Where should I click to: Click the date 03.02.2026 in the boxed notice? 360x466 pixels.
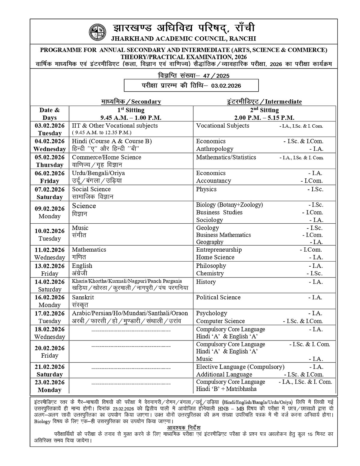pyautogui.click(x=226, y=86)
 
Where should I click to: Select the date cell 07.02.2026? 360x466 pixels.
pyautogui.click(x=49, y=189)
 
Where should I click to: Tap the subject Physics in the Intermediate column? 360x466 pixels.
pyautogui.click(x=206, y=189)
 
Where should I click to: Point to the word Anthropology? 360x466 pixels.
pyautogui.click(x=214, y=149)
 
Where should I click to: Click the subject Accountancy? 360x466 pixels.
pyautogui.click(x=213, y=181)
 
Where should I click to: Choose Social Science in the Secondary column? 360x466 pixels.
pyautogui.click(x=91, y=189)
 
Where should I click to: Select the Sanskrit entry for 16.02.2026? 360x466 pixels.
pyautogui.click(x=83, y=297)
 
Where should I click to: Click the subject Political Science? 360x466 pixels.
pyautogui.click(x=218, y=297)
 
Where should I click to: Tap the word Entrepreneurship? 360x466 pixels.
pyautogui.click(x=219, y=250)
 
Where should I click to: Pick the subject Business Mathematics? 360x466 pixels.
pyautogui.click(x=223, y=235)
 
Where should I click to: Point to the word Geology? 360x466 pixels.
pyautogui.click(x=207, y=228)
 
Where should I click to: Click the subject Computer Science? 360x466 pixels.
pyautogui.click(x=220, y=321)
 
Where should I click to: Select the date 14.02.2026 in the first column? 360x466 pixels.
pyautogui.click(x=49, y=282)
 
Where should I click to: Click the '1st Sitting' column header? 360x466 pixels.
pyautogui.click(x=131, y=110)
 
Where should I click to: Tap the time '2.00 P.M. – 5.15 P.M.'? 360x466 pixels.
pyautogui.click(x=264, y=117)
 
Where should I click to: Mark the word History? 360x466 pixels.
pyautogui.click(x=206, y=282)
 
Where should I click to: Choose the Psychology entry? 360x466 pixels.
pyautogui.click(x=211, y=313)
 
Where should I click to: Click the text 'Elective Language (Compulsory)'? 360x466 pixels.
pyautogui.click(x=240, y=367)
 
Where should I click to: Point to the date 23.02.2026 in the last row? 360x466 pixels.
pyautogui.click(x=49, y=382)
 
